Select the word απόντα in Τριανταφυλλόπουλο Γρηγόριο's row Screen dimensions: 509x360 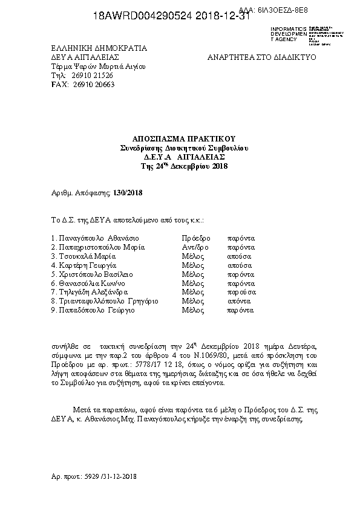[239, 302]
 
